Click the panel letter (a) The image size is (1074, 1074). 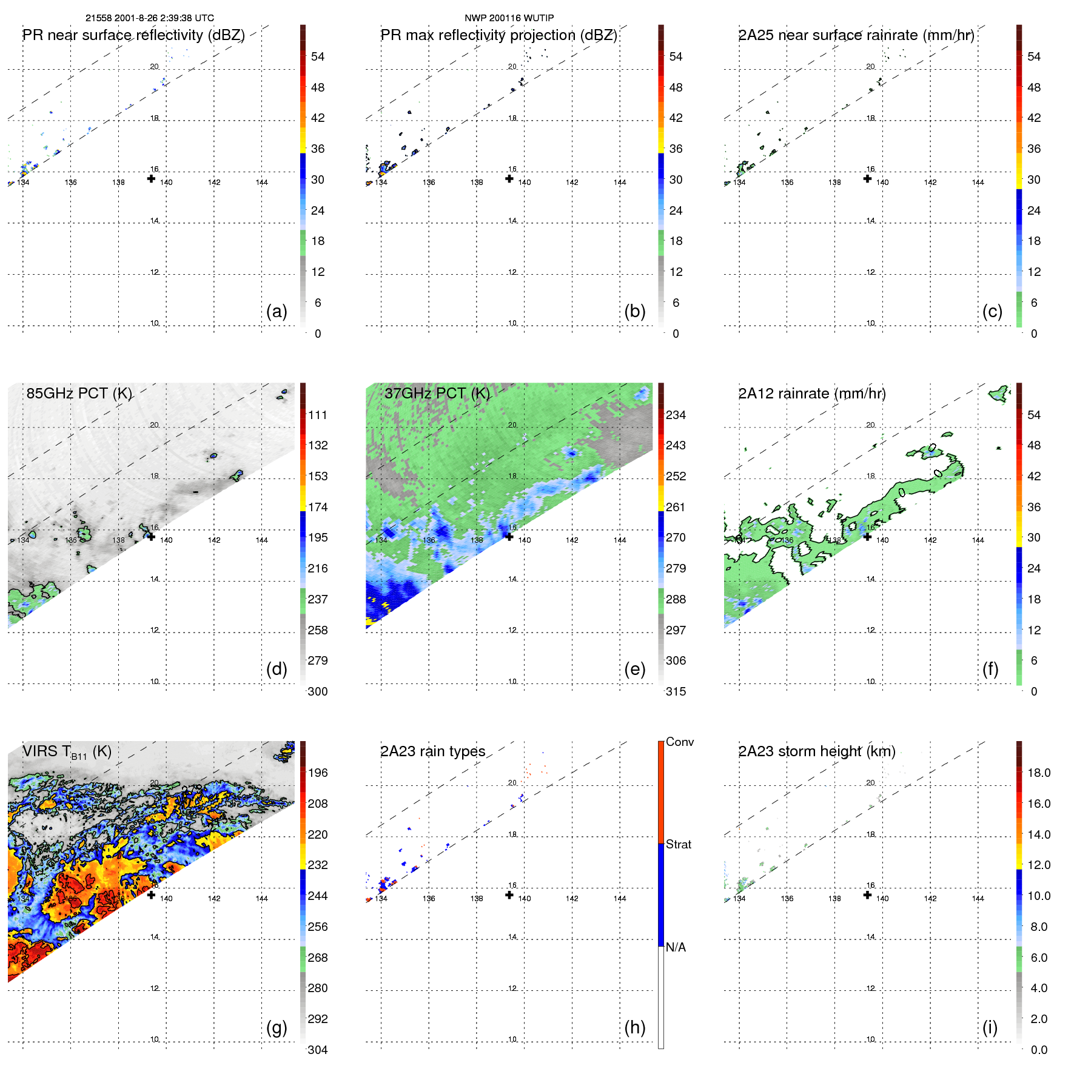[277, 312]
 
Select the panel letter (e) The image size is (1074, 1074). [634, 670]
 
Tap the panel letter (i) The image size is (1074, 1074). [990, 1027]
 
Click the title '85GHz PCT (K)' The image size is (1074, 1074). [79, 394]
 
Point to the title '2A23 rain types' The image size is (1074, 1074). [433, 751]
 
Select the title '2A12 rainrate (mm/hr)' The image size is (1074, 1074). [812, 394]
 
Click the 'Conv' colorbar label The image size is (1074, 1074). [680, 742]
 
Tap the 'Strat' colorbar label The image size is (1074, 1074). [679, 844]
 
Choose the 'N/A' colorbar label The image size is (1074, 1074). [676, 947]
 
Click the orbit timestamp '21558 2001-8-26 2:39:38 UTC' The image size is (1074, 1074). [150, 18]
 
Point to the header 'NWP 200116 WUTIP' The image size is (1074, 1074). [509, 18]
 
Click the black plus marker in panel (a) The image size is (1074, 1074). [151, 178]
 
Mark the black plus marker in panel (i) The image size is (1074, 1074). [867, 894]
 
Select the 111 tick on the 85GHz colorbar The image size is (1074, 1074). [318, 415]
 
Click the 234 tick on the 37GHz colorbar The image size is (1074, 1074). [676, 415]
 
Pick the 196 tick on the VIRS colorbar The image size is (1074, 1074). [318, 773]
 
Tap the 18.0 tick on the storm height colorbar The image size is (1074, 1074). [1039, 773]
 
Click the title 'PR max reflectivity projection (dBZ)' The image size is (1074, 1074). [498, 35]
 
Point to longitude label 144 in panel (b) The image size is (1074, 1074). [620, 183]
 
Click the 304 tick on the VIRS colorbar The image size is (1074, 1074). [318, 1050]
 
